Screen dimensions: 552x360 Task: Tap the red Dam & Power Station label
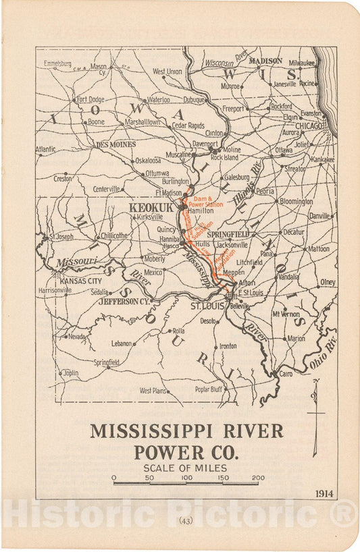click(x=208, y=202)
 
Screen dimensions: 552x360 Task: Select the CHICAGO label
click(x=308, y=126)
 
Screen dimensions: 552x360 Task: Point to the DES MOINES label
click(x=115, y=144)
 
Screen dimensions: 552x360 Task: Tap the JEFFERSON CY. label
click(x=123, y=302)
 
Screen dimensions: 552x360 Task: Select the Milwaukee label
click(x=300, y=62)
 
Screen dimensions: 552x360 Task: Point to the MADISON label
click(x=265, y=61)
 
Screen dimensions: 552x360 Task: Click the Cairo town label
click(x=286, y=373)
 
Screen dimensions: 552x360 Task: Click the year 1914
click(x=324, y=493)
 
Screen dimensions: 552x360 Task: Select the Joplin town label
click(x=70, y=372)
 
